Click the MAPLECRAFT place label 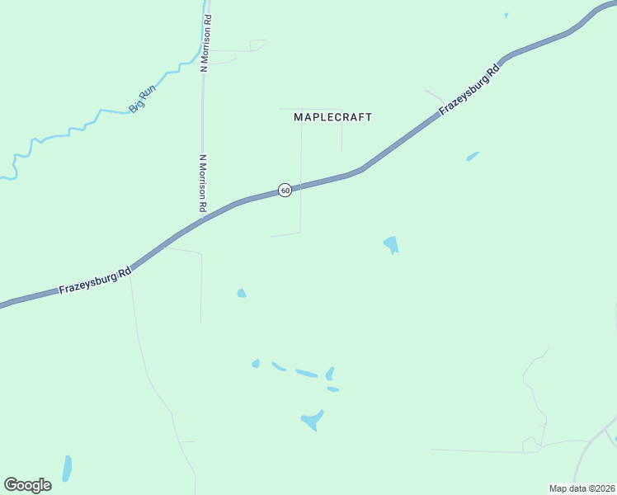pyautogui.click(x=332, y=117)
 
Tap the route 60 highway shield pyautogui.click(x=285, y=191)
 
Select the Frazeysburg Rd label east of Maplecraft pyautogui.click(x=469, y=91)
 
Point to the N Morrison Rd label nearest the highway pyautogui.click(x=203, y=181)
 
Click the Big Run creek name pyautogui.click(x=143, y=101)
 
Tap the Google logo pyautogui.click(x=27, y=485)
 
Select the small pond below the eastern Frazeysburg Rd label pyautogui.click(x=472, y=156)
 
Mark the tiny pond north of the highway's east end pyautogui.click(x=506, y=15)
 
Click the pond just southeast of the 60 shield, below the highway pyautogui.click(x=391, y=244)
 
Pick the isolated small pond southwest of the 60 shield pyautogui.click(x=241, y=293)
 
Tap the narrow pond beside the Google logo pyautogui.click(x=67, y=468)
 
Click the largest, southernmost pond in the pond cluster pyautogui.click(x=312, y=421)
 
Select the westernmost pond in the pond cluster pyautogui.click(x=256, y=363)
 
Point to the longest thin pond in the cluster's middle pyautogui.click(x=306, y=374)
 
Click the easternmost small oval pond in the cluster pyautogui.click(x=332, y=389)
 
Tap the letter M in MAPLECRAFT pyautogui.click(x=299, y=117)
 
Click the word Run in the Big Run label pyautogui.click(x=148, y=97)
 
